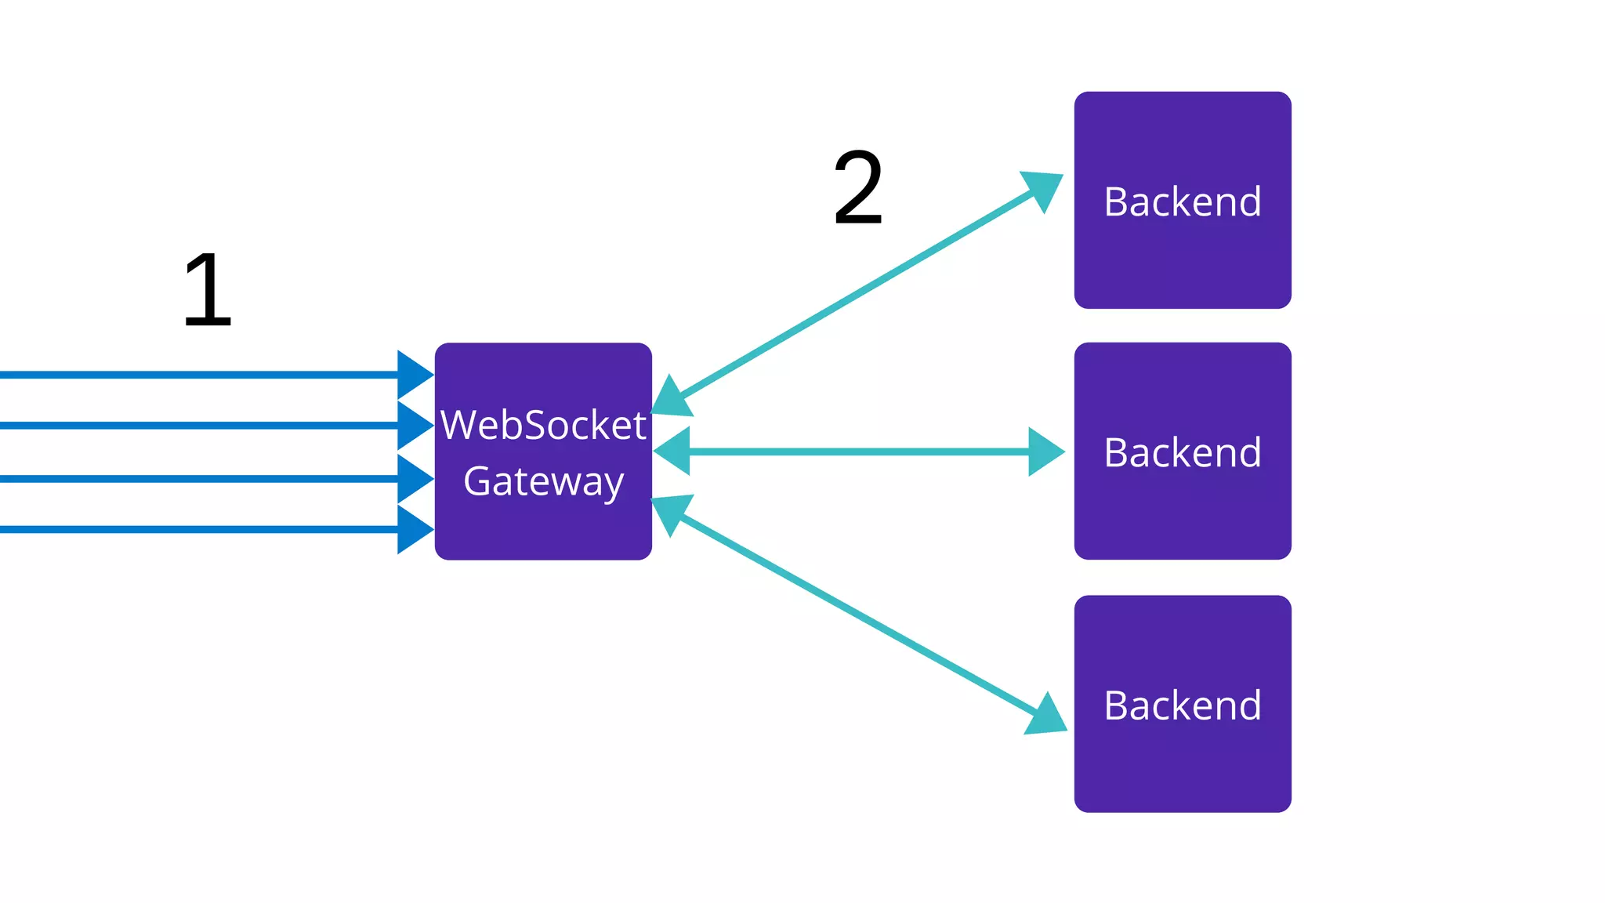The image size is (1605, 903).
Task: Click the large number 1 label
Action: [x=208, y=290]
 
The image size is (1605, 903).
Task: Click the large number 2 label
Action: [x=858, y=188]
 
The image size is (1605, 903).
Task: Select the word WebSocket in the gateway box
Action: [x=543, y=425]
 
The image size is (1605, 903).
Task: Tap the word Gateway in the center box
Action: [x=543, y=481]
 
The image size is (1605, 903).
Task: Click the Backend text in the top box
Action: [x=1183, y=201]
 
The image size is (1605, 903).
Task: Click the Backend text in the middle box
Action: [x=1183, y=452]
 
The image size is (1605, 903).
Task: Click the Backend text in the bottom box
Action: [x=1183, y=705]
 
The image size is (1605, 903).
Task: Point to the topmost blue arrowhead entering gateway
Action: [x=413, y=375]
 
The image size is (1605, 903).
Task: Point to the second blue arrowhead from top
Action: [x=413, y=426]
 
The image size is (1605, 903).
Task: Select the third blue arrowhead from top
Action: [x=413, y=478]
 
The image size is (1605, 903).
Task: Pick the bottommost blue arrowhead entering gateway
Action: [x=413, y=529]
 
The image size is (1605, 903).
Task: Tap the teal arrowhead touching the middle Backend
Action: [x=1045, y=451]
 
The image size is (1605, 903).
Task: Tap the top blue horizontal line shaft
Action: [x=196, y=375]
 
